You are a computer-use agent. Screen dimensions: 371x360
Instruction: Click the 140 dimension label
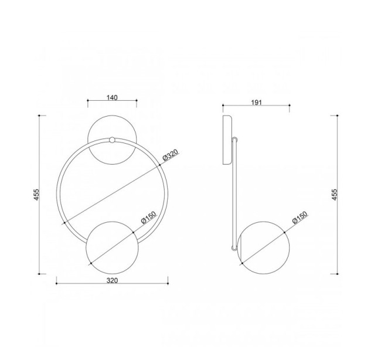click(x=112, y=97)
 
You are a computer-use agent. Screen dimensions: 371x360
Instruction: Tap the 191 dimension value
click(x=256, y=103)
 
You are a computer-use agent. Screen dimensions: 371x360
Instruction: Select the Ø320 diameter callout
click(x=170, y=155)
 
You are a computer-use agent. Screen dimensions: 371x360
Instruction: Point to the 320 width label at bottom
click(x=112, y=281)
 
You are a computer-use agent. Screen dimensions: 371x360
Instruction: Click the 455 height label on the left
click(x=36, y=195)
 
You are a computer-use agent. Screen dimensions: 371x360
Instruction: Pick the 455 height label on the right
click(x=335, y=195)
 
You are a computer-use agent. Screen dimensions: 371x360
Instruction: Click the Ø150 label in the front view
click(x=149, y=218)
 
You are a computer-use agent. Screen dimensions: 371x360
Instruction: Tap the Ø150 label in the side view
click(x=300, y=218)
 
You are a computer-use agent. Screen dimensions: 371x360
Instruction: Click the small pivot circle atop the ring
click(x=112, y=140)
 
